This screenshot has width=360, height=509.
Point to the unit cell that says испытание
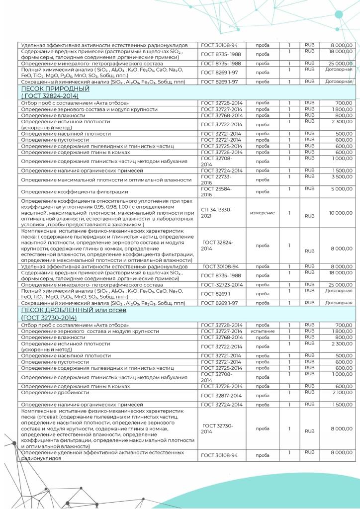(263, 331)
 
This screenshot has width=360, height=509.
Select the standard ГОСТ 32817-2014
(221, 396)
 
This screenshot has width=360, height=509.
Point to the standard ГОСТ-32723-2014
(221, 284)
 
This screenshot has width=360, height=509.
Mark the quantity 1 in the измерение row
(289, 213)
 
